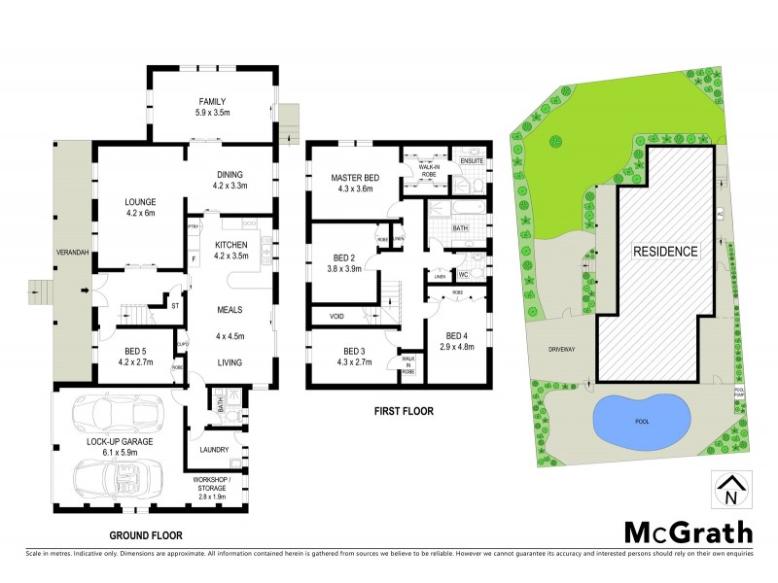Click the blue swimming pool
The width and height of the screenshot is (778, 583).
pyautogui.click(x=642, y=421)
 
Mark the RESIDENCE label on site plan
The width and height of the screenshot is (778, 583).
pyautogui.click(x=666, y=251)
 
